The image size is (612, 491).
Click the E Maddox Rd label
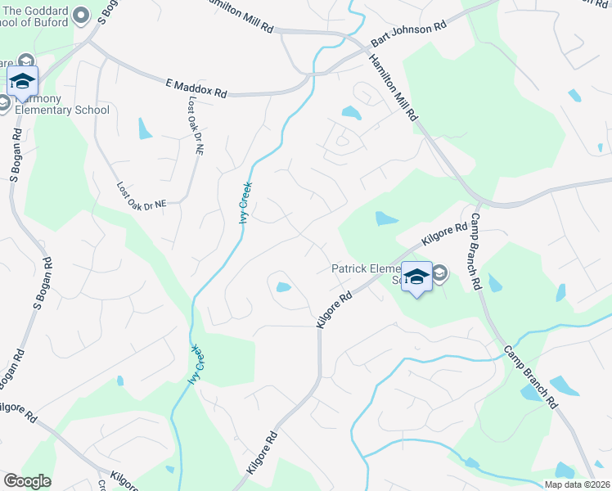pos(196,88)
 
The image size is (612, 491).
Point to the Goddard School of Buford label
pos(44,18)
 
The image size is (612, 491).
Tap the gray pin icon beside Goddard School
pos(80,14)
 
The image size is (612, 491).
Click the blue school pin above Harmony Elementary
pos(22,82)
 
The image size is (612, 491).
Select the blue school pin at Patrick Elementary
pos(416,277)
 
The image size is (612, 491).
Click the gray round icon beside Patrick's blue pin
pos(439,273)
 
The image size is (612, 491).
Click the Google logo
pos(27,481)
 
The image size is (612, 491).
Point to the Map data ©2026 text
pos(576,484)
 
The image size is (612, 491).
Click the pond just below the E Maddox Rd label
pos(145,128)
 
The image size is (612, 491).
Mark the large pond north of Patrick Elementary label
pos(385,218)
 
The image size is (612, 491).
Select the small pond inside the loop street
pos(282,286)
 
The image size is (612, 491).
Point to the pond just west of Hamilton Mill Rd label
pos(350,112)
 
